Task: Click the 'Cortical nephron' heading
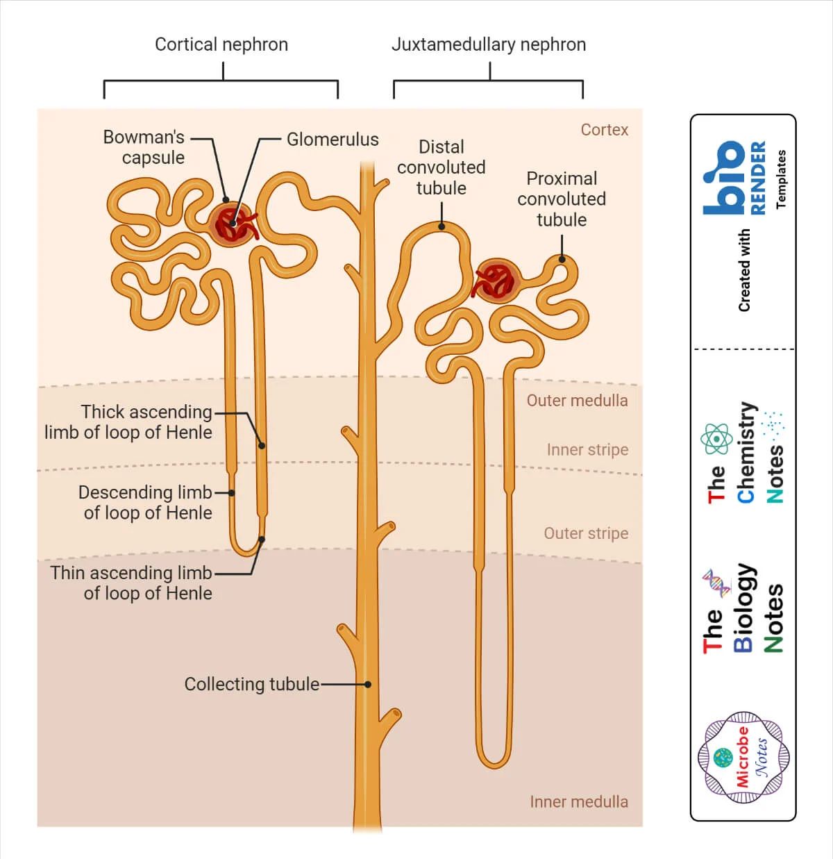(221, 44)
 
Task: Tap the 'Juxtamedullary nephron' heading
(488, 44)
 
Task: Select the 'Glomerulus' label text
(333, 140)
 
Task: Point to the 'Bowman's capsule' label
(144, 147)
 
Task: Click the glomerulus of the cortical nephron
(231, 224)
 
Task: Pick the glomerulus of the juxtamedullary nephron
(496, 281)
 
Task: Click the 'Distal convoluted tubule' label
(441, 167)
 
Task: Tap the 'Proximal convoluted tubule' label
(561, 199)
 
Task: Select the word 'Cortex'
(604, 130)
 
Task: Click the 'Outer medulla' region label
(577, 401)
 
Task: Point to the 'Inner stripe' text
(587, 450)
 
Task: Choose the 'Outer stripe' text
(586, 533)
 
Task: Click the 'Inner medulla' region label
(578, 801)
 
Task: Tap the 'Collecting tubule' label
(251, 684)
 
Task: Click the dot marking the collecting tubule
(368, 685)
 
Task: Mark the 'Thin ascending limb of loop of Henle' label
(131, 583)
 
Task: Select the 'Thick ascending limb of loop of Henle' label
(128, 422)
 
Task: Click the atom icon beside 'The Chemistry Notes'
(716, 440)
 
